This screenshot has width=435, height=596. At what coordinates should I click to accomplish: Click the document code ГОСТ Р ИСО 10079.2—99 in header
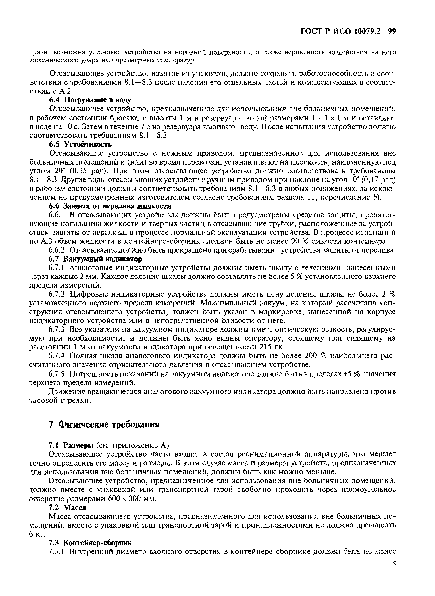click(348, 31)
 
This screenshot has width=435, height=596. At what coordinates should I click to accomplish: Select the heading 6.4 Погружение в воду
click(90, 100)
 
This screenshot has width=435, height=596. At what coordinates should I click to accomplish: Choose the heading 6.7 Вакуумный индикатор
click(95, 259)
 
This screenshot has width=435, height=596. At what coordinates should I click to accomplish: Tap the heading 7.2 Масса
click(67, 507)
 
